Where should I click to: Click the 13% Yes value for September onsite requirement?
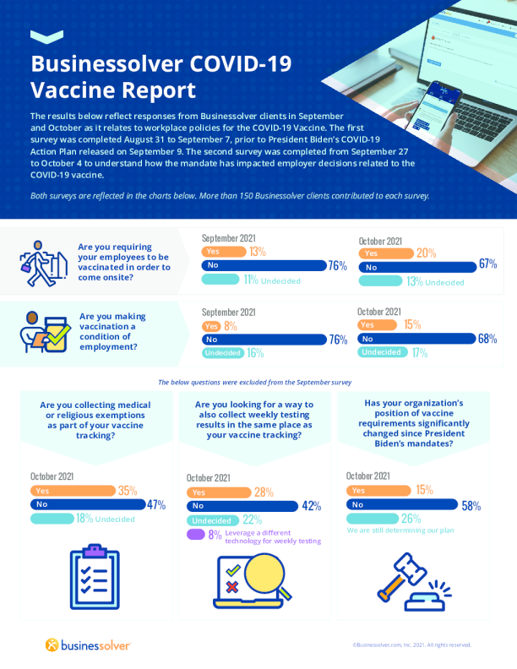tap(258, 251)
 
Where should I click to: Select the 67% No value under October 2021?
tap(487, 264)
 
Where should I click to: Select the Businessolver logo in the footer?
tap(88, 645)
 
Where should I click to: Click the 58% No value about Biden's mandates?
tap(471, 506)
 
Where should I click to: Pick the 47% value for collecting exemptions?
tap(155, 505)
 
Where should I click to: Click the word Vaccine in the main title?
tap(71, 90)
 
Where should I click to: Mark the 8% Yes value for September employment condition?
tap(230, 324)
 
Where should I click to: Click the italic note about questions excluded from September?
tap(254, 382)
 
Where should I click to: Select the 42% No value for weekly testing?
tap(312, 507)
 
